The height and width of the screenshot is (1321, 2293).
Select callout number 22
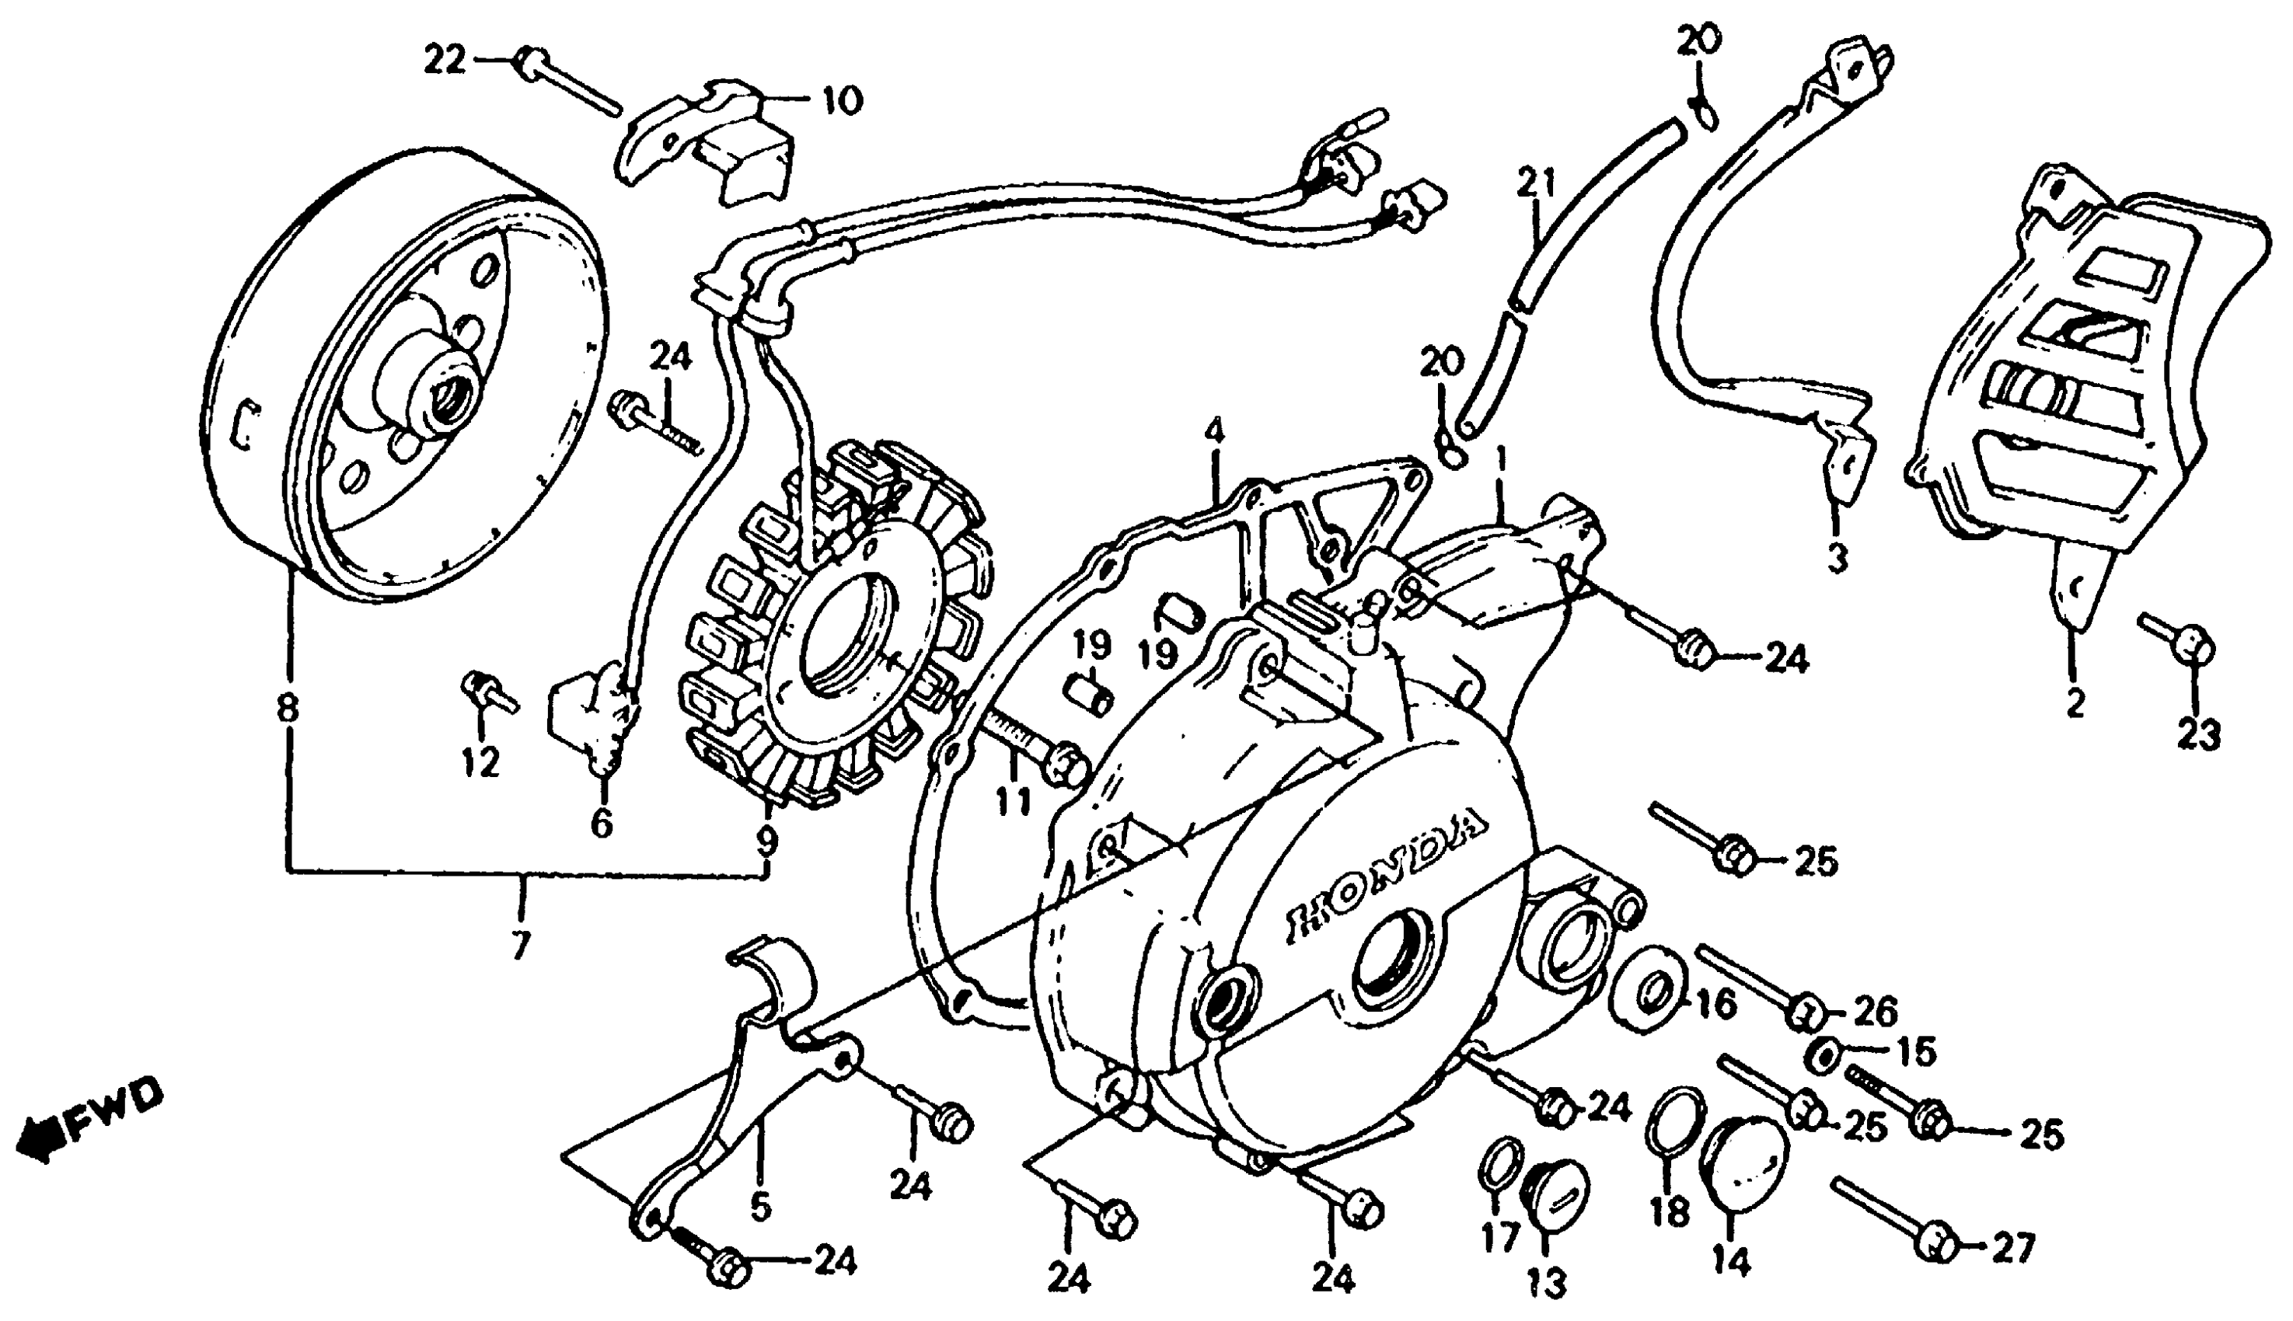445,61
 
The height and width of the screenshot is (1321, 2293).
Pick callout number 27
2013,1250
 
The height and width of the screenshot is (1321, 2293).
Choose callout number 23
2199,733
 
